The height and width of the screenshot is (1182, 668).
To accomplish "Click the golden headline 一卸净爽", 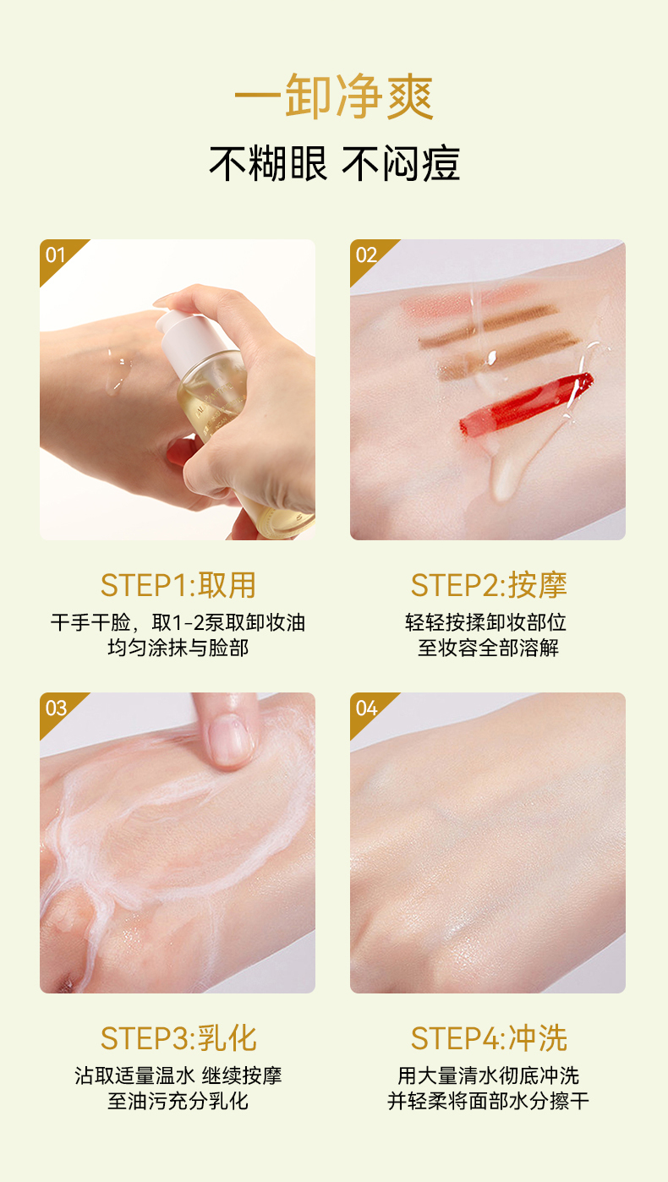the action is coord(334,97).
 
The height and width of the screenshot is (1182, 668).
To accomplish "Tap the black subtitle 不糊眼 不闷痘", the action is coord(335,163).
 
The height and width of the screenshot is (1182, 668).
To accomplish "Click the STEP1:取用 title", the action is coord(178,585).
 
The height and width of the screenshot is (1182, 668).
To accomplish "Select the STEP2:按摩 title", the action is coord(489,585).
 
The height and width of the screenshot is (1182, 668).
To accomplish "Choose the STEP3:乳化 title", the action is coord(178,1038).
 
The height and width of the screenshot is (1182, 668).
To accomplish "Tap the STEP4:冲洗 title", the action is coord(489,1038).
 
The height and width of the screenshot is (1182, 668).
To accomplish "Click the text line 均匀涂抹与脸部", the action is coord(178,648).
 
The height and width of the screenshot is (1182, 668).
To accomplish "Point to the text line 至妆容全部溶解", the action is coord(489,648).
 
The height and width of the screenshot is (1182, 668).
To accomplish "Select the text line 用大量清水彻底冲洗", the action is coord(489,1075).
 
